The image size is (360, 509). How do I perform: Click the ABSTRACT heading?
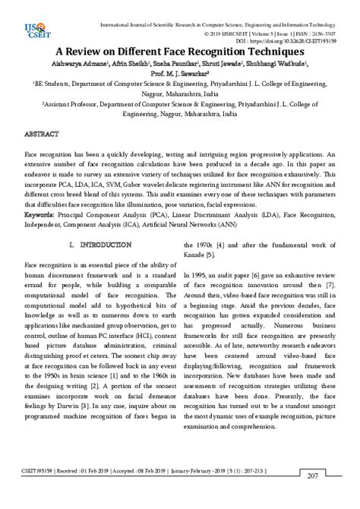43,133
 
